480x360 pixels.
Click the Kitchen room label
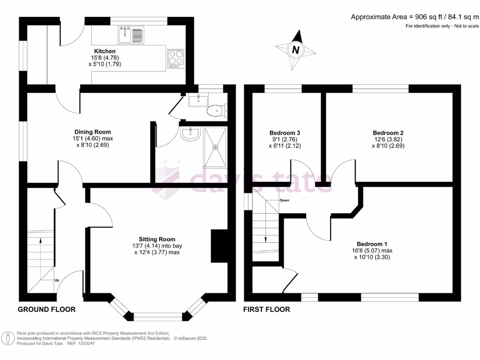pos(105,51)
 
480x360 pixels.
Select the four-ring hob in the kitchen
pos(176,58)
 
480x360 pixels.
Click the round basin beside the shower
pos(190,134)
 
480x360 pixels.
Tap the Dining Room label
pos(93,132)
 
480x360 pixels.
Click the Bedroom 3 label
pos(285,133)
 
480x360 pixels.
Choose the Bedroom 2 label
pos(388,133)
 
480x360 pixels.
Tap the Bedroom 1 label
pos(372,244)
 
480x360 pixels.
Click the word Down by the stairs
pos(285,200)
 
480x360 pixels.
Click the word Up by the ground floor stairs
pos(57,280)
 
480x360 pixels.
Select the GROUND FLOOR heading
pos(46,309)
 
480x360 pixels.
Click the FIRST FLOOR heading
pos(267,309)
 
